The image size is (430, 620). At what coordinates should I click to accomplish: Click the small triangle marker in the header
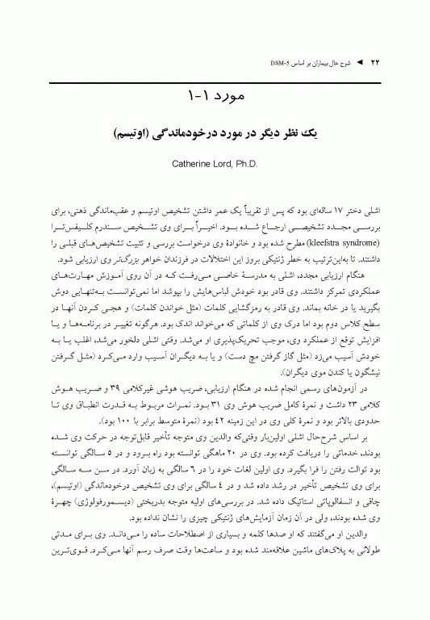pos(360,61)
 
